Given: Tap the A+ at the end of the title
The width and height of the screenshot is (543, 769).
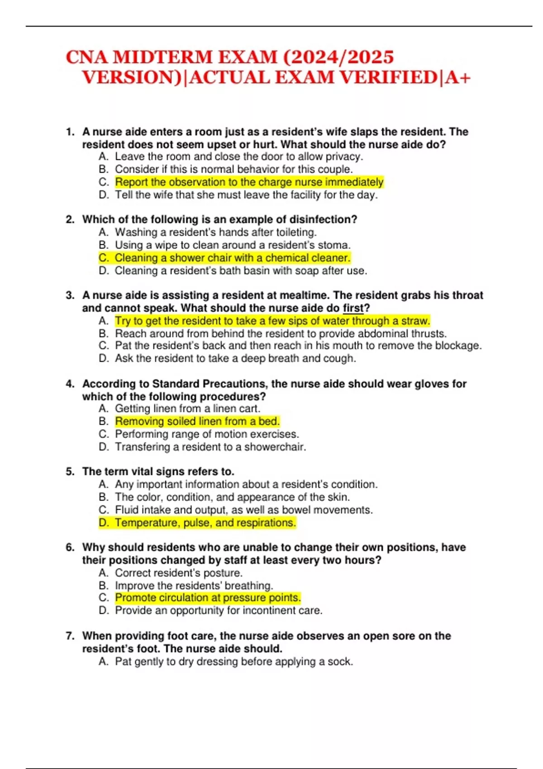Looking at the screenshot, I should [458, 78].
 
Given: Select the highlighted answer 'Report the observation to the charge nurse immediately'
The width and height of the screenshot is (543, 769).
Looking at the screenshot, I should [249, 182].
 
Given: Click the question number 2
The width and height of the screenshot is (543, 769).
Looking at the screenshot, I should [70, 219].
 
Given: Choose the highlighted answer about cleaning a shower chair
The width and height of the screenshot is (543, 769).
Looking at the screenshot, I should [232, 258].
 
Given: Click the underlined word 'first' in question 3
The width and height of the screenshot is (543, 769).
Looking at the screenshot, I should [353, 308].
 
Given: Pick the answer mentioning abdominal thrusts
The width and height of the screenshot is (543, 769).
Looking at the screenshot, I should [281, 333].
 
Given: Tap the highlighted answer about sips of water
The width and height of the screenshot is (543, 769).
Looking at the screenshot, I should [272, 321].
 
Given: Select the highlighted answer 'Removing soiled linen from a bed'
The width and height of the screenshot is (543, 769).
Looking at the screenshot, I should [197, 421].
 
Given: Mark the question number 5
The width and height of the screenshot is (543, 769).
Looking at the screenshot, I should [70, 471].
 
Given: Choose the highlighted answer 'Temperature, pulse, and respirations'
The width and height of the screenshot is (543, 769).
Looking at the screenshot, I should [205, 522].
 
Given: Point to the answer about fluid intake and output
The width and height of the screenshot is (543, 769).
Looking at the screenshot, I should [243, 510].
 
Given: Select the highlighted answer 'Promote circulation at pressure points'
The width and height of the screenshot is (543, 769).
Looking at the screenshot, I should [208, 598].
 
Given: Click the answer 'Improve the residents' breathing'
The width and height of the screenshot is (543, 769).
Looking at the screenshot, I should [194, 585].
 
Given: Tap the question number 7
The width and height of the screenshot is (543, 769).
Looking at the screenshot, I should [70, 636].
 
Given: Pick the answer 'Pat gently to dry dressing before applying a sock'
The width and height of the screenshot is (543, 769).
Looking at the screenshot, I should [233, 661].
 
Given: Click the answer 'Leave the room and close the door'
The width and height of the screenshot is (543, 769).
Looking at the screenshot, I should [239, 157].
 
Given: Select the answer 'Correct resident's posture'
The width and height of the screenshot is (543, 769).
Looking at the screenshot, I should [178, 573].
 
